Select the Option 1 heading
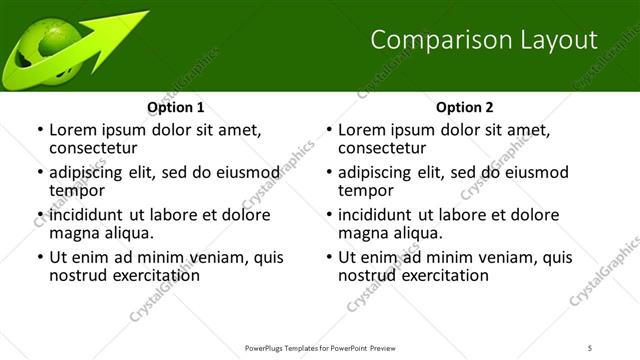pos(176,107)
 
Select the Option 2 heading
pos(465,107)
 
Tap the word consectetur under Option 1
pos(95,148)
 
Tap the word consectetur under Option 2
pos(384,148)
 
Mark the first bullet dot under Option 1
pos(40,131)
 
